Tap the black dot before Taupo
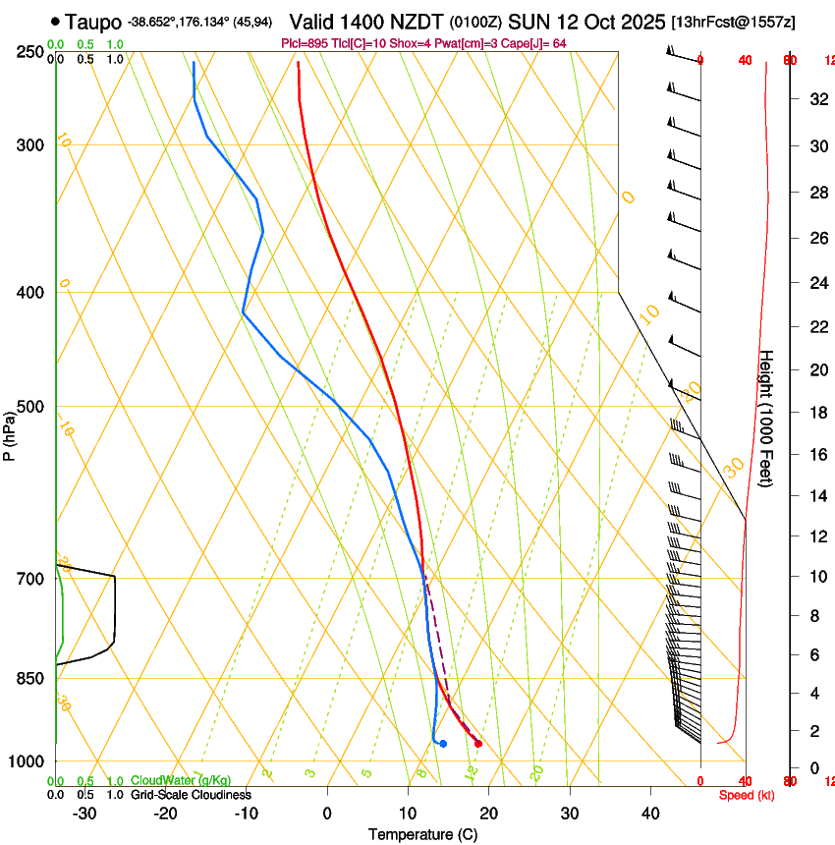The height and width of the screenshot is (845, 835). tap(55, 22)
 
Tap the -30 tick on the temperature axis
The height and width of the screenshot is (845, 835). tap(84, 813)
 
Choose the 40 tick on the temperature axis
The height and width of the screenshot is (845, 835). tap(649, 813)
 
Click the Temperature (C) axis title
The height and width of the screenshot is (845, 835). tap(422, 834)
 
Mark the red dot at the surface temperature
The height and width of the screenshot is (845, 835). tap(478, 743)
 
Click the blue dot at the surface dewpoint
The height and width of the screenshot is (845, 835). tap(444, 743)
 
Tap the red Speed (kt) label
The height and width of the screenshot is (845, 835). tap(747, 795)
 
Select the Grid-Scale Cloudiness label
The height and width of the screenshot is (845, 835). tap(191, 795)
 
